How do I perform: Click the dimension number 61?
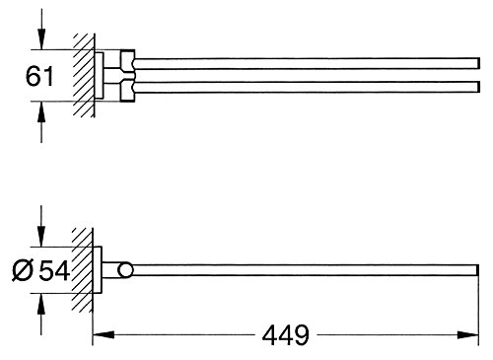39,76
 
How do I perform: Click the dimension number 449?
286,335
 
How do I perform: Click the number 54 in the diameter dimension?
54,270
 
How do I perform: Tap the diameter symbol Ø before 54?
23,270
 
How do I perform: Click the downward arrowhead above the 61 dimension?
41,39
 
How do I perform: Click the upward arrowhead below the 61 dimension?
41,111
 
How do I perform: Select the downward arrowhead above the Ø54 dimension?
40,236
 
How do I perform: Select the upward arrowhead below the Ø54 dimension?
40,304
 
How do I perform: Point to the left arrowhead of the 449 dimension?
104,335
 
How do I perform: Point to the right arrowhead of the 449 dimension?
467,335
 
